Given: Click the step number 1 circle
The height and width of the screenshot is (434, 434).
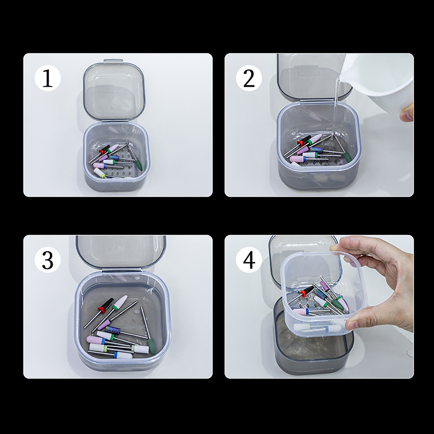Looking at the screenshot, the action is click(48, 78).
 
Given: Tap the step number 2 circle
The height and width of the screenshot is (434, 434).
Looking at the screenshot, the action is click(249, 78).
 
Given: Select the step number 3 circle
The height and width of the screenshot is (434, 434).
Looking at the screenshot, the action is click(48, 260).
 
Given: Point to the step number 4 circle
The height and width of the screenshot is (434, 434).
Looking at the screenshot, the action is click(249, 260).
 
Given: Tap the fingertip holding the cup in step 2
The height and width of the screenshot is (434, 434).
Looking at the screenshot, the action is click(407, 113).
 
